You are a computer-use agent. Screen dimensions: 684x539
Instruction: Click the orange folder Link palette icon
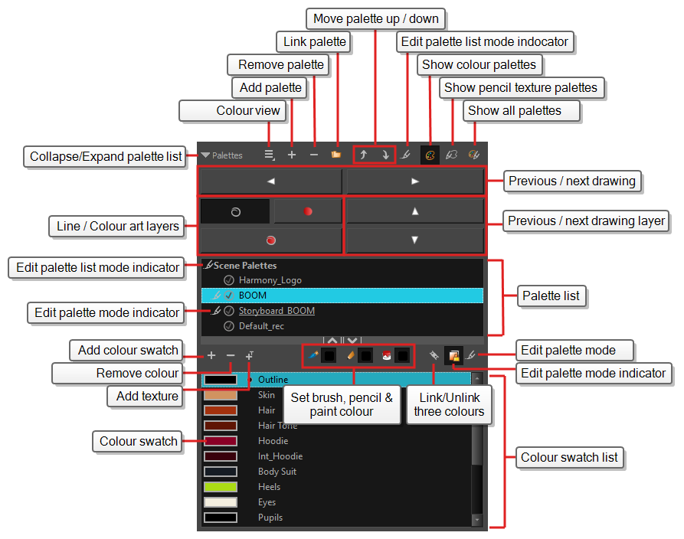pos(336,155)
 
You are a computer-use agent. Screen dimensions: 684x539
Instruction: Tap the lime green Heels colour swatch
pos(221,487)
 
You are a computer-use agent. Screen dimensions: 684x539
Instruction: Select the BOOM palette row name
pos(253,296)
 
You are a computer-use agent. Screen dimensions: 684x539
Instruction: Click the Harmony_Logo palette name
pos(270,280)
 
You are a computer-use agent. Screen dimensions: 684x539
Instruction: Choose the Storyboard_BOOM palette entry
pos(277,311)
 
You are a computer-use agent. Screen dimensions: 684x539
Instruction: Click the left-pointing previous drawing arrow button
pos(271,181)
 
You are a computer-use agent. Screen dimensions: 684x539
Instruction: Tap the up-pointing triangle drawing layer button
pos(415,211)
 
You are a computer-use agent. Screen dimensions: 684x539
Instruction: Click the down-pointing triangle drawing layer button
pos(415,240)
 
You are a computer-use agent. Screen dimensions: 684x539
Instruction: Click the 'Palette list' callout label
pos(551,296)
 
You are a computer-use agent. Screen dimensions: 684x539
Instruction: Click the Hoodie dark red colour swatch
pos(221,441)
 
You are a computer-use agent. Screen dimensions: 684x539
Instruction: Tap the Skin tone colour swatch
pos(221,395)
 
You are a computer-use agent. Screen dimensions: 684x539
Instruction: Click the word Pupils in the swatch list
pos(270,518)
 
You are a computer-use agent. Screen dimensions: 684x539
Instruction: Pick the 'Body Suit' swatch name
pos(277,472)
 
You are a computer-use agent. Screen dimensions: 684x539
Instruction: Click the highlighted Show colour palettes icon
pos(430,155)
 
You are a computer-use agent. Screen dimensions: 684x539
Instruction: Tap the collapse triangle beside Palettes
pos(205,155)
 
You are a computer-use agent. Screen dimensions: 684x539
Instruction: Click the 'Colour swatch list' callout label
pos(569,457)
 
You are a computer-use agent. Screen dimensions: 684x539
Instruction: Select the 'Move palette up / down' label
pos(375,18)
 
